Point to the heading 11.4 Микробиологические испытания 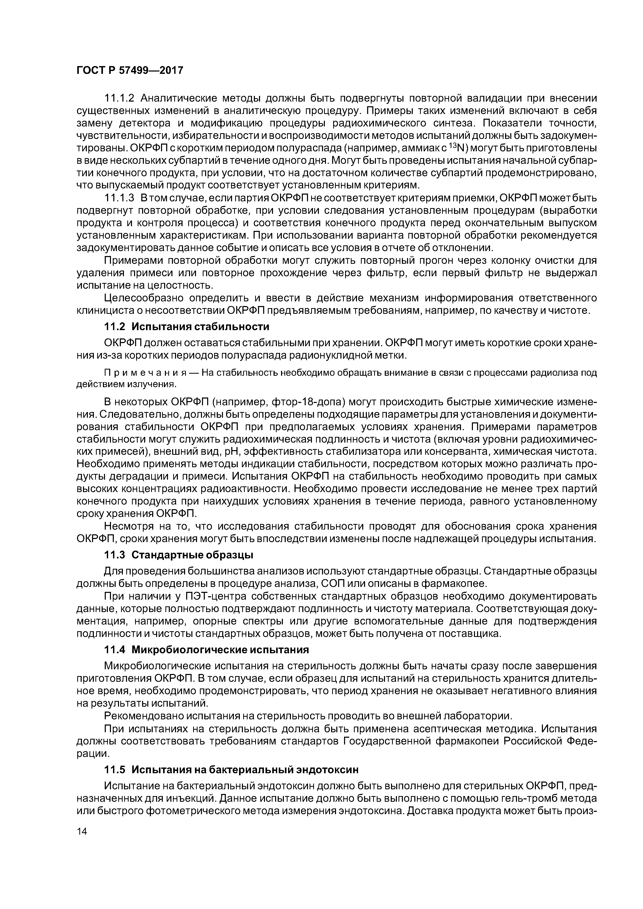[206, 650]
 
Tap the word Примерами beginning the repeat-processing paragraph [133, 260]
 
